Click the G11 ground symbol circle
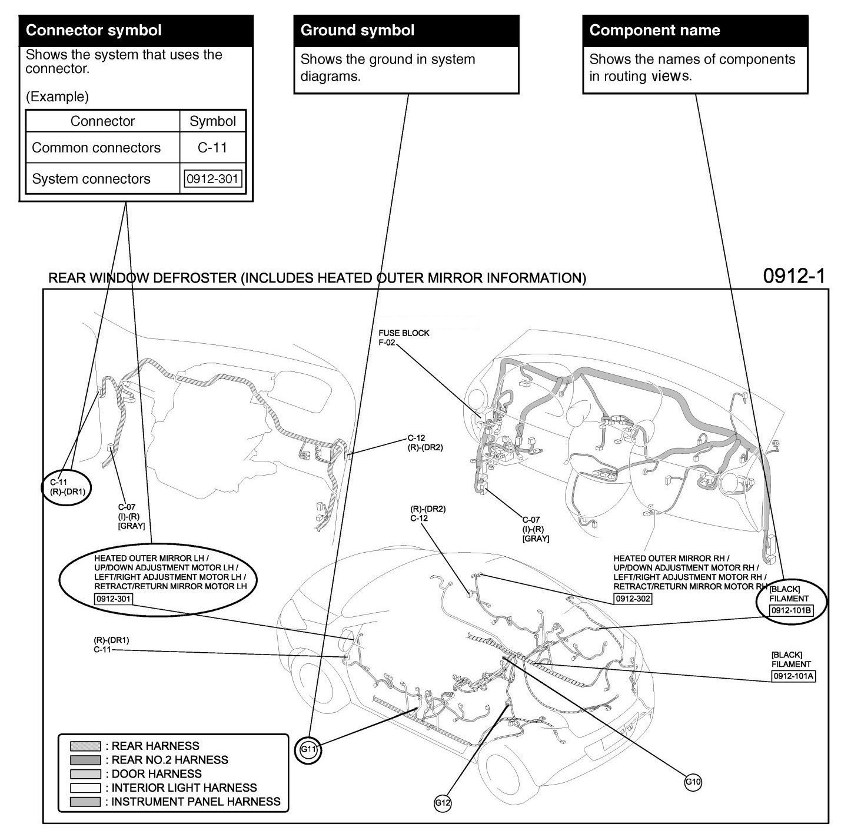(x=308, y=749)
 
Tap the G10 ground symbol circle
(x=693, y=782)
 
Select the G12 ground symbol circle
(x=443, y=802)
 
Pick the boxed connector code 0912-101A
(x=793, y=676)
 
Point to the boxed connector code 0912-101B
(x=792, y=610)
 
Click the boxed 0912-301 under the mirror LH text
(x=114, y=599)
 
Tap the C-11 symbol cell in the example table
(x=212, y=148)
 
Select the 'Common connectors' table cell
(x=97, y=148)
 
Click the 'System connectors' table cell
(x=91, y=179)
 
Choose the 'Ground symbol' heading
(x=358, y=31)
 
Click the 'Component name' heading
(x=654, y=31)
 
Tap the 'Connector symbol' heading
(x=94, y=31)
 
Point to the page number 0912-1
(x=794, y=276)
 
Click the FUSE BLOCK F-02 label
(x=404, y=337)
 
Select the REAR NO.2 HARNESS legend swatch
(x=85, y=760)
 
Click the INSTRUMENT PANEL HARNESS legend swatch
(x=85, y=802)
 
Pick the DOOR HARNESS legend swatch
(x=85, y=774)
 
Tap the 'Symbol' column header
(x=212, y=121)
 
